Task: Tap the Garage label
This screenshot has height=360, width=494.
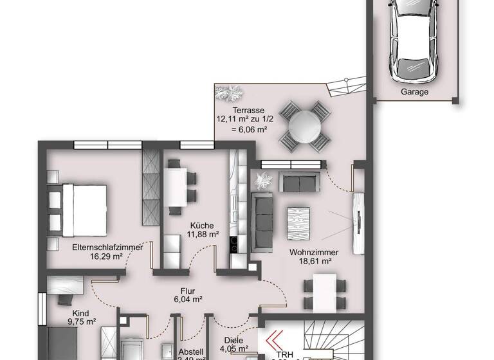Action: coord(414,92)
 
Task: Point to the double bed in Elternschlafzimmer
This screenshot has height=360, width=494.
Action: coord(78,207)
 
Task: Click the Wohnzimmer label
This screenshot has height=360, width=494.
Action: coord(314,252)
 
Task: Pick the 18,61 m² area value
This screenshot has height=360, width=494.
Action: coord(314,262)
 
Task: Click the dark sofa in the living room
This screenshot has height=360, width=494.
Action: coord(262,221)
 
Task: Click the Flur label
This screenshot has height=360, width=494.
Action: coord(188,290)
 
